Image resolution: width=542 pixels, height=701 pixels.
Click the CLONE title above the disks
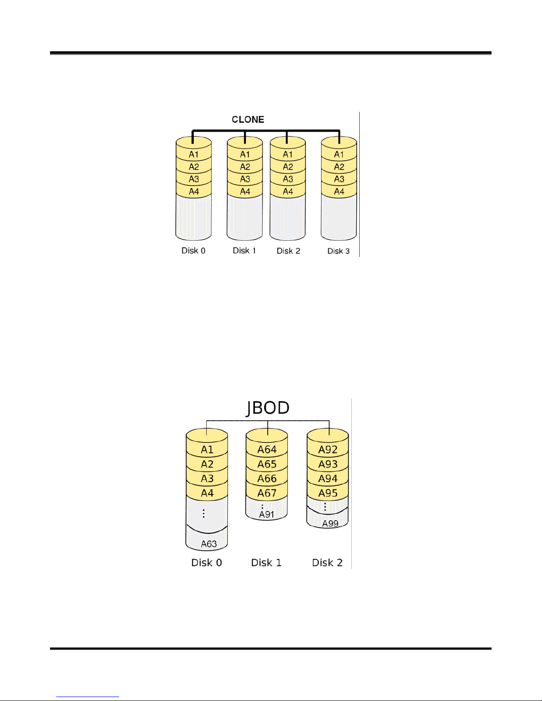coord(248,120)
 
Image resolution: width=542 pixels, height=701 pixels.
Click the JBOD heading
coord(268,408)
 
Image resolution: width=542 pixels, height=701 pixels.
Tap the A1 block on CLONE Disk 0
coord(194,154)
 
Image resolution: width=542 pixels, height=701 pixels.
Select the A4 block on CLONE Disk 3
coord(339,192)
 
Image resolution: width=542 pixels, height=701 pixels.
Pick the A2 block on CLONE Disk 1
coord(245,167)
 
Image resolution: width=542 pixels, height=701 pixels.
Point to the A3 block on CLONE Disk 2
coord(288,179)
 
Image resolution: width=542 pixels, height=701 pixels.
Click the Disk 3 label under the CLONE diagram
coord(338,251)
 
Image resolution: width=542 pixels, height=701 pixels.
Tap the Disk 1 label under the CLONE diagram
coord(244,251)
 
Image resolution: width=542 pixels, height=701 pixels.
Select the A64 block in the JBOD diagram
coord(267,449)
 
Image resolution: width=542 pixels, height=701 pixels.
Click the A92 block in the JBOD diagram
coord(328,449)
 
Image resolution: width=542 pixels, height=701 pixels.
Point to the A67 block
coord(267,493)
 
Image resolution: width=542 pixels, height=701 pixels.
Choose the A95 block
coord(328,493)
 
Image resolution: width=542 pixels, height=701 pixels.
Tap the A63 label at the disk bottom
coord(209,544)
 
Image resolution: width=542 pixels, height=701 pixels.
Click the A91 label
coord(266,514)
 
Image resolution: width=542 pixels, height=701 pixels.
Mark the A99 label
coord(330,523)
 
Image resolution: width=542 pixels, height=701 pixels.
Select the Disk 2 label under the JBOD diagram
coord(327,563)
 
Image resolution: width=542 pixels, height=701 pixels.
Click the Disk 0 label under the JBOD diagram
coord(207,563)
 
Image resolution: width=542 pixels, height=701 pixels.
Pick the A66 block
coord(267,479)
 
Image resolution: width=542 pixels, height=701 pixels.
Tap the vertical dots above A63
coord(204,513)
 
